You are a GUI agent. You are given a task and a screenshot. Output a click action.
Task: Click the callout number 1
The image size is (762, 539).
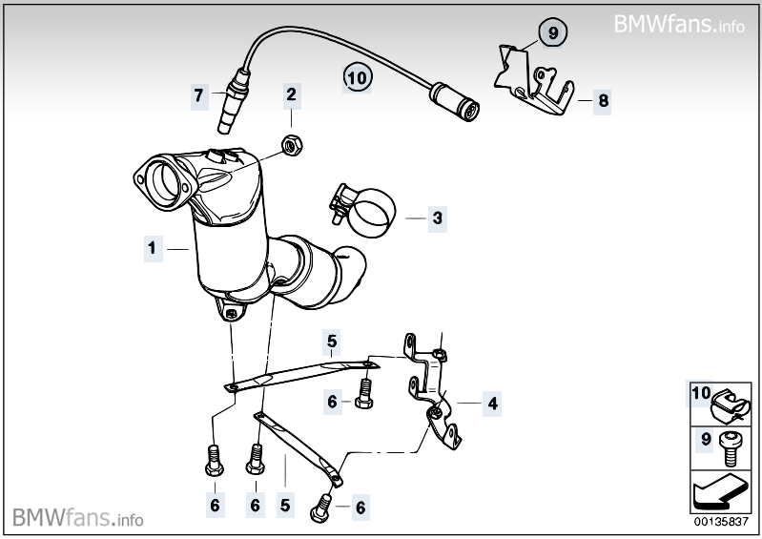pos(151,249)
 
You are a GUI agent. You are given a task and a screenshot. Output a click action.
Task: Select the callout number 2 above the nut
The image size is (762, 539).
pos(291,94)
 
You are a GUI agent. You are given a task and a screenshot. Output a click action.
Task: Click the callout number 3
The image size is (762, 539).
pos(437,218)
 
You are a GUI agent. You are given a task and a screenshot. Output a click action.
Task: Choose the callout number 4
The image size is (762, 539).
pos(492,404)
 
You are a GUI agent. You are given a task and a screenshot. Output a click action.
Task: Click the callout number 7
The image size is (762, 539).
pos(198,94)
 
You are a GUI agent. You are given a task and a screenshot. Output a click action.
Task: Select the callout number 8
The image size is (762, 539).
pos(602,98)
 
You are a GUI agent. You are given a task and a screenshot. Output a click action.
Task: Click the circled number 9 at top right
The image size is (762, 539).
pos(551,32)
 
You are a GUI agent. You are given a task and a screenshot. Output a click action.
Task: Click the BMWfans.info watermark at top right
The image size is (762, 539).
pos(679,24)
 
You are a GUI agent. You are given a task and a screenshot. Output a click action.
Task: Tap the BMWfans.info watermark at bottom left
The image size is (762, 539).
pos(78,517)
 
